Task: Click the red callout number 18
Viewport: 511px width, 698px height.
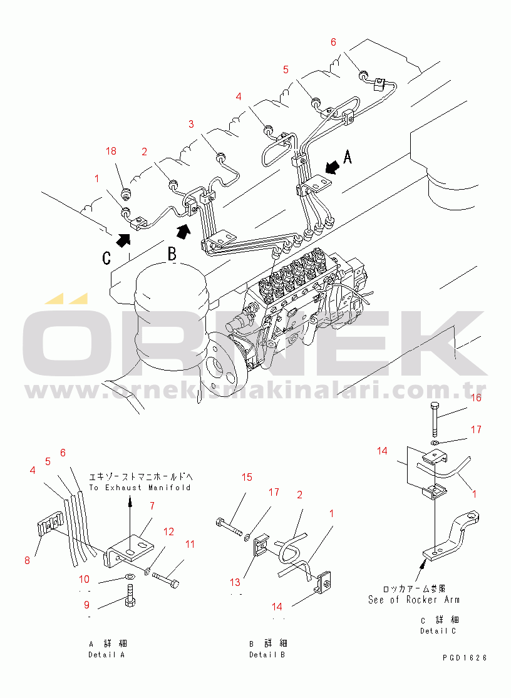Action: point(111,151)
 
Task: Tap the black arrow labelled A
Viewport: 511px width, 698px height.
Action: point(332,167)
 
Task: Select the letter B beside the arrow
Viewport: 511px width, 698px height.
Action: point(172,254)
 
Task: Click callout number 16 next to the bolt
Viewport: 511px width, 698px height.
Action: point(476,398)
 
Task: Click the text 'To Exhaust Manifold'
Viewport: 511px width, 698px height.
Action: point(140,487)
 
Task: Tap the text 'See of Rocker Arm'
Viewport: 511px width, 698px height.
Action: point(413,599)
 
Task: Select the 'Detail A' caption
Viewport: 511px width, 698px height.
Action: point(106,655)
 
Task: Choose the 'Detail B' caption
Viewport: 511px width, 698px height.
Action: point(267,655)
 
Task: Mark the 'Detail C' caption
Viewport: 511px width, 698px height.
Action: point(438,630)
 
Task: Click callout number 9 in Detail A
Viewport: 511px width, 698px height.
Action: point(87,605)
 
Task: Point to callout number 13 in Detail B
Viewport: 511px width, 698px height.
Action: point(235,582)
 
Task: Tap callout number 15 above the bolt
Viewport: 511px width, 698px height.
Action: point(247,478)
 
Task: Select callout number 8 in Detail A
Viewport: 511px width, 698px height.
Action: point(27,560)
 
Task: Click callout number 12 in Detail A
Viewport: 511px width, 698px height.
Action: point(169,531)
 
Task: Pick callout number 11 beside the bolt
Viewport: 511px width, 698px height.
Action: point(190,544)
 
